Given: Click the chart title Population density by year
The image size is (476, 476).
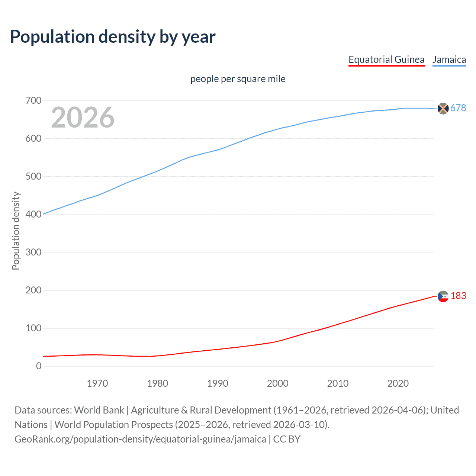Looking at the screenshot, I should [113, 37].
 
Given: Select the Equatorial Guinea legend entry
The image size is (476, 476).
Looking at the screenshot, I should [386, 59].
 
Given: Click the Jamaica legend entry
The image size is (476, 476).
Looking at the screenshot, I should [449, 59].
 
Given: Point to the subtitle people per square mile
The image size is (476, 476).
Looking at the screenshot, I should [238, 79].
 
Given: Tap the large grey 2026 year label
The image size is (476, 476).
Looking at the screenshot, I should [83, 118].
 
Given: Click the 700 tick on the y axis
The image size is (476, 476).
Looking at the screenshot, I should [33, 100].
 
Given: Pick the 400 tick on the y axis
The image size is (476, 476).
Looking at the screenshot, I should [33, 214].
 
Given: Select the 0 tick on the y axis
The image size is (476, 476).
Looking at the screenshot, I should [39, 366].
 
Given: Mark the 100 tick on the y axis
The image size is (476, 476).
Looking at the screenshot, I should [33, 328].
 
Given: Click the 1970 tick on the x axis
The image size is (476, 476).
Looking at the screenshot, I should [97, 383].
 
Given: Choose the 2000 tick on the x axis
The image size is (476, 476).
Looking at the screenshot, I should [278, 383].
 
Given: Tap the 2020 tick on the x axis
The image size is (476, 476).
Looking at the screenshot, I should [398, 383].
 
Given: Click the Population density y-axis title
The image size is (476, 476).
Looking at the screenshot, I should [16, 231].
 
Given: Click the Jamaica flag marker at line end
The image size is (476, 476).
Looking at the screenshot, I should [443, 109].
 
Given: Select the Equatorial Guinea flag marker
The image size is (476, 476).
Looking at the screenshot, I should [443, 296].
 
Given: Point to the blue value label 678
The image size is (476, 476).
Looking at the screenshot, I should [458, 108].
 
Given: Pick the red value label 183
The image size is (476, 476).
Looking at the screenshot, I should [458, 296].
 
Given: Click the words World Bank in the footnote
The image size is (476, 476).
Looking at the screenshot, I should [99, 410].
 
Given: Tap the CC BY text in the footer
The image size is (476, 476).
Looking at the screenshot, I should [287, 439].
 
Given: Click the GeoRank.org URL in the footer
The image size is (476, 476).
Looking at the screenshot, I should [140, 439].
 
